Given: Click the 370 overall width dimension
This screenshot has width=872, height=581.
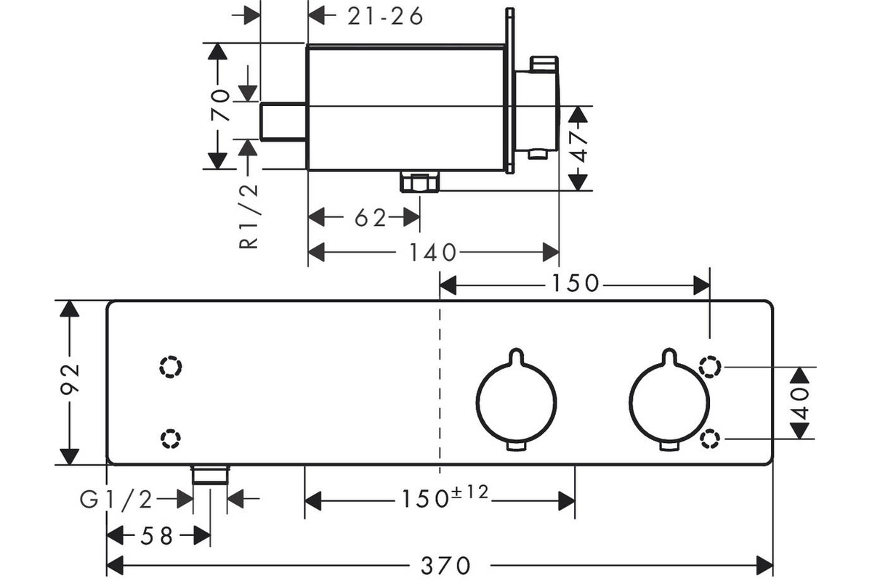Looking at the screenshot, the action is pos(445,566).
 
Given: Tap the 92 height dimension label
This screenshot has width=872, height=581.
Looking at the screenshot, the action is pos(70,379).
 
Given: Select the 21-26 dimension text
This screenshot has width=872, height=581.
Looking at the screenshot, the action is pos(385,17).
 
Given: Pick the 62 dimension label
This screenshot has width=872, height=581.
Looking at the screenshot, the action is pos(370,218).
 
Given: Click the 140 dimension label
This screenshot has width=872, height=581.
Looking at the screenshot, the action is pos(432,253).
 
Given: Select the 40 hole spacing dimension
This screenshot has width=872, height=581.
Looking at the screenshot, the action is pos(800,403).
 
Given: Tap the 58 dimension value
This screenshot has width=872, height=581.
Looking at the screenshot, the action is pos(156,536).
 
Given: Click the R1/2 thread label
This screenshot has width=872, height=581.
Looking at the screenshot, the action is pos(249,216).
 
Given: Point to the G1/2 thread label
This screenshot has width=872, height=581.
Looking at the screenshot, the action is pos(116,499).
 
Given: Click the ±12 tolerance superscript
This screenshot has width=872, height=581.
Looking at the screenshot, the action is pos(470,492).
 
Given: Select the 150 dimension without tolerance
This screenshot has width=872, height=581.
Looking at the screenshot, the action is pos(575,283).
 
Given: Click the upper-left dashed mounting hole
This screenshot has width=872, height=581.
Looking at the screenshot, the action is pos(171,367).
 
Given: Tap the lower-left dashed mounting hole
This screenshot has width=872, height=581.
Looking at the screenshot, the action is pos(170,439).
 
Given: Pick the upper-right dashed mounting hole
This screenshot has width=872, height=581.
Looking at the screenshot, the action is pos(710,366).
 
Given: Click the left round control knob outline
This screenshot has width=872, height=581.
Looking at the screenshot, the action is pos(477,402).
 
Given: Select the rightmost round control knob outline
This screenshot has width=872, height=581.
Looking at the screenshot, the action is pos(629,402).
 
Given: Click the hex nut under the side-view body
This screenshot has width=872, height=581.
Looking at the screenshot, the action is pos(420,182).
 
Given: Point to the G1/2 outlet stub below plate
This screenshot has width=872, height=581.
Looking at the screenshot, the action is pos(210,475).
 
